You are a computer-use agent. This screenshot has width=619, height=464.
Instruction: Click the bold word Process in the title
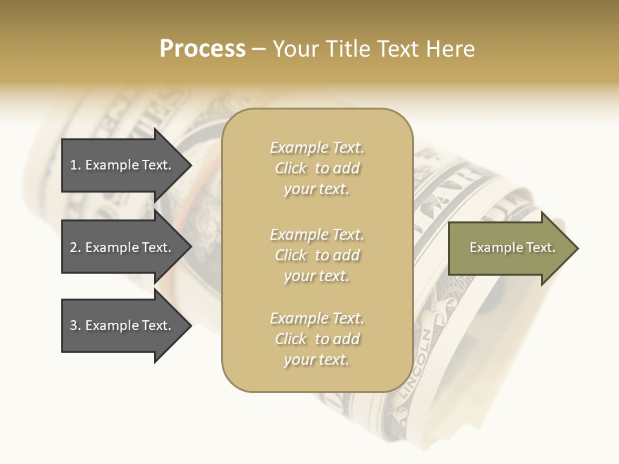coord(202,49)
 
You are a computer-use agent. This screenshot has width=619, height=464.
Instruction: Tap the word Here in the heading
coord(449,49)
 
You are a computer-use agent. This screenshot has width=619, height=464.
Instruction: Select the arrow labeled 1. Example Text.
coord(123,165)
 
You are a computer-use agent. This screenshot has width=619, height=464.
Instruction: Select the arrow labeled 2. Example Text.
coord(123,247)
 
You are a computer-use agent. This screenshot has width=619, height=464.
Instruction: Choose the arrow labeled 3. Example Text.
coord(123,325)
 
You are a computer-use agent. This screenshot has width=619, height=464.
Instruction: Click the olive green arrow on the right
coord(509,248)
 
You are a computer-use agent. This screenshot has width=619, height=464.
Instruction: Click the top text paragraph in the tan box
coord(317,168)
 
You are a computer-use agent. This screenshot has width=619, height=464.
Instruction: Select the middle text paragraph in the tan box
coord(317,255)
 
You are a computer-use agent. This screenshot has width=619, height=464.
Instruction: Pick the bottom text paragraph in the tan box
coord(317,339)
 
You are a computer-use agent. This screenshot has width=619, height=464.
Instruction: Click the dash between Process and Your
coord(259,49)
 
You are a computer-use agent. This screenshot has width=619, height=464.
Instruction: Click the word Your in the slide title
coord(296,49)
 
